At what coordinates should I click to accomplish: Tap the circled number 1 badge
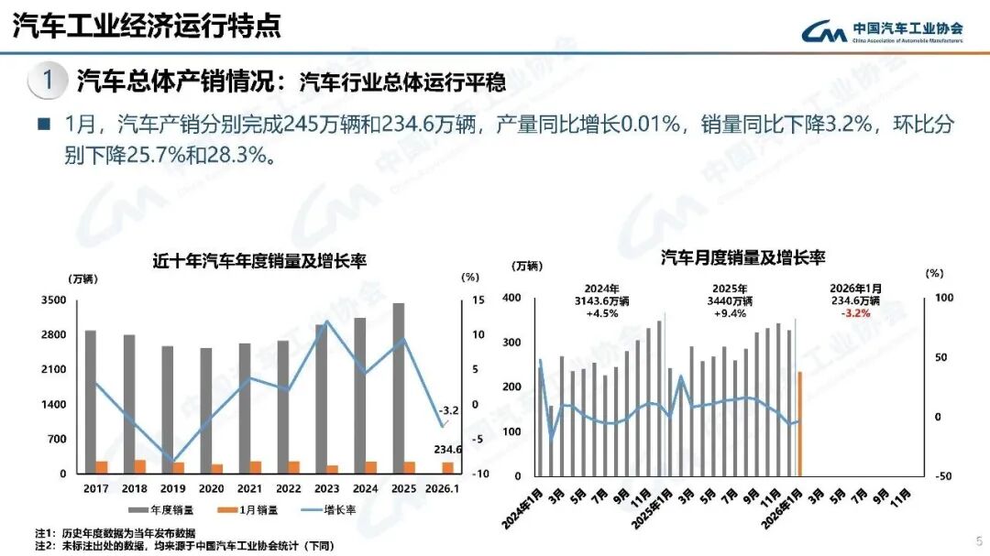[x=48, y=81]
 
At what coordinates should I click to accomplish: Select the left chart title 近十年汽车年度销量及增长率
[x=259, y=261]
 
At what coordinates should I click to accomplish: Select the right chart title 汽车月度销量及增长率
[x=743, y=258]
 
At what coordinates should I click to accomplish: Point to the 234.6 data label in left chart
[x=446, y=449]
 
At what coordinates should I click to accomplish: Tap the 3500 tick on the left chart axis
[x=53, y=300]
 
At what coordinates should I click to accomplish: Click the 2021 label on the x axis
[x=250, y=489]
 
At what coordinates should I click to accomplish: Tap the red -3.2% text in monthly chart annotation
[x=855, y=312]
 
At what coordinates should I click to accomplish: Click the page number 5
[x=978, y=540]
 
